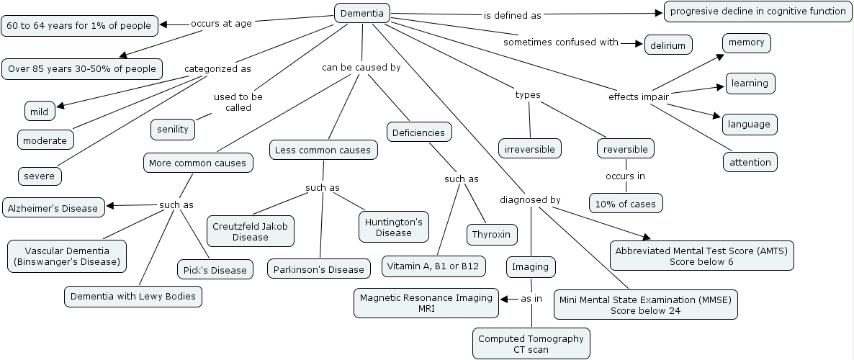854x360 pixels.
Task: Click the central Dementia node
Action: (x=363, y=12)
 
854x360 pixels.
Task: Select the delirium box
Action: (x=668, y=45)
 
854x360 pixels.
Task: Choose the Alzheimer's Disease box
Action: (x=53, y=208)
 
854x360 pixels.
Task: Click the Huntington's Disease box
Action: (x=393, y=226)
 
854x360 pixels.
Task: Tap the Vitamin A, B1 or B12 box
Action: (x=433, y=266)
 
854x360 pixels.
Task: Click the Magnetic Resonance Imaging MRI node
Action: (x=426, y=302)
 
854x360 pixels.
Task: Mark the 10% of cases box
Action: (x=625, y=203)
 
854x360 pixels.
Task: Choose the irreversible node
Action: (x=530, y=148)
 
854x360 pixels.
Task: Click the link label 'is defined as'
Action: (x=512, y=14)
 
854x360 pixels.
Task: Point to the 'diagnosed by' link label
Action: (x=531, y=199)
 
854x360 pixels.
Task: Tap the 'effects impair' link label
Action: (x=639, y=96)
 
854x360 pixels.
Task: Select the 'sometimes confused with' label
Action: (x=561, y=42)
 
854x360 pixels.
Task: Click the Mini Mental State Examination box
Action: (x=645, y=305)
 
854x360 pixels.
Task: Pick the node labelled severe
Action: (x=40, y=175)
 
